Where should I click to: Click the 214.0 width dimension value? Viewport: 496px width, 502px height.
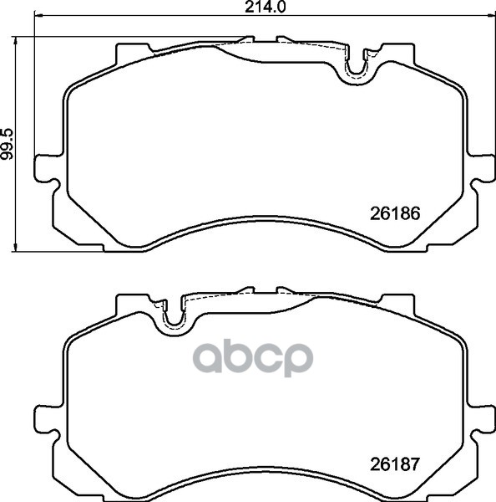265,7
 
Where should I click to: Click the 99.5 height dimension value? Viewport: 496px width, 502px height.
7,144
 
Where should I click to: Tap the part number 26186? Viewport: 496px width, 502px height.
395,213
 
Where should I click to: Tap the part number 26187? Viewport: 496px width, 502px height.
395,464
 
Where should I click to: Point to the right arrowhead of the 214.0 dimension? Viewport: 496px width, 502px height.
491,15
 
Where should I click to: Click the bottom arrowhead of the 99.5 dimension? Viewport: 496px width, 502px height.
15,247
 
